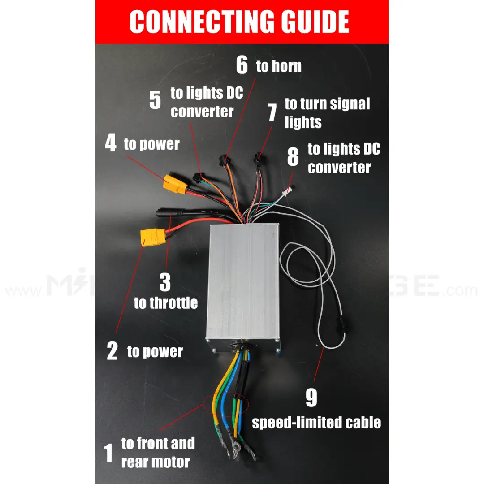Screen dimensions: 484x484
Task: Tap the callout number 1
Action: (109, 453)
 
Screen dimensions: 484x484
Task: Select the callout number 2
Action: (112, 351)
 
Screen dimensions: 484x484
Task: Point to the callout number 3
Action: (165, 282)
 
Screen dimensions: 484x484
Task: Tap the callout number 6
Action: (242, 65)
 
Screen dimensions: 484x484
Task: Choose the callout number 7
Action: (272, 112)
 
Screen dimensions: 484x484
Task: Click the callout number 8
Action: (293, 158)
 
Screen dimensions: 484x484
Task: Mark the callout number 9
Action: (311, 398)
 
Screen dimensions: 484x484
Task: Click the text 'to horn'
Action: (279, 66)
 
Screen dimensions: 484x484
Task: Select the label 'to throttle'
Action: (165, 303)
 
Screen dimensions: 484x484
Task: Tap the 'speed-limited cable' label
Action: (316, 422)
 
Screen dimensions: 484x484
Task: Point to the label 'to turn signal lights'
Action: (327, 113)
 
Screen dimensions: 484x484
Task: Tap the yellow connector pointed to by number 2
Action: (153, 236)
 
